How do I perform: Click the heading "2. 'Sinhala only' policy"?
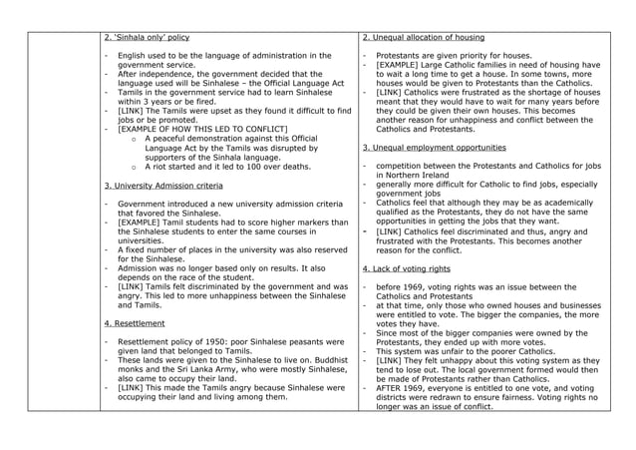[x=147, y=37]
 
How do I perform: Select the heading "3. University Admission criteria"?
[x=163, y=186]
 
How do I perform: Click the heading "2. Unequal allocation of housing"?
[x=423, y=37]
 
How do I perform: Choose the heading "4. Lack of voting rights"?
[x=406, y=268]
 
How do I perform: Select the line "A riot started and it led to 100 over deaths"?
[x=226, y=167]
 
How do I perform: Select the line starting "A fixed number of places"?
[x=229, y=249]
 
